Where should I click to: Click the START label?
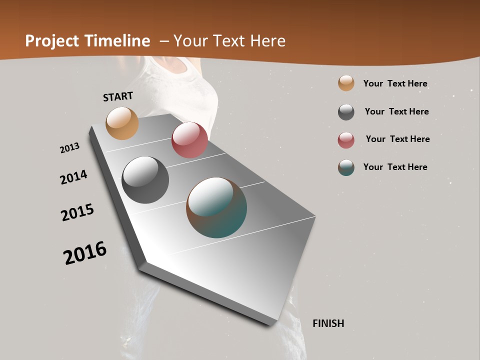pos(118,96)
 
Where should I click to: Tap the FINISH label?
pos(328,323)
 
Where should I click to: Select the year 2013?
pos(69,148)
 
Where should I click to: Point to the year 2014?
pos(73,177)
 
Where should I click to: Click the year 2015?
pos(77,212)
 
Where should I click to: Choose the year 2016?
pos(85,253)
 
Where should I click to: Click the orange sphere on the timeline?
pos(122,123)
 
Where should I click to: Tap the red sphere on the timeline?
pos(189,140)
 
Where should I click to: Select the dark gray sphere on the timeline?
pos(145,180)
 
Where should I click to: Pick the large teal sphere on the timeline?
pos(216,207)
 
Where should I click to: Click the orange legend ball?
pos(346,83)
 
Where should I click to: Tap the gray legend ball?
pos(346,112)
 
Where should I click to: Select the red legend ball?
pos(346,140)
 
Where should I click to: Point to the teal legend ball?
pos(346,167)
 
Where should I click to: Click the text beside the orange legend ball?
pos(395,83)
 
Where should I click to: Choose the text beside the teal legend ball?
pos(395,167)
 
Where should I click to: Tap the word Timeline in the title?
pos(117,41)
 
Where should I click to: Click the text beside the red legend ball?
pos(397,139)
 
